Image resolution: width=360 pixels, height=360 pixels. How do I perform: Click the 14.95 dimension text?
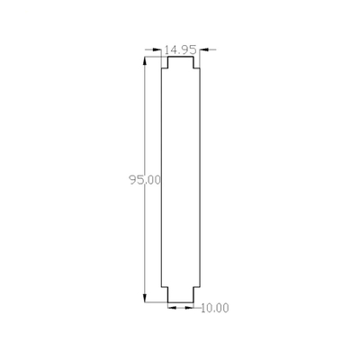(180, 49)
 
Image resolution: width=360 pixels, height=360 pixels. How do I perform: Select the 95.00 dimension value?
(145, 180)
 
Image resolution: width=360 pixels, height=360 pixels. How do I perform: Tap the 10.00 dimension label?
(214, 308)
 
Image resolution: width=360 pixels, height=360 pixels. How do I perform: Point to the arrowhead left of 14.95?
(157, 49)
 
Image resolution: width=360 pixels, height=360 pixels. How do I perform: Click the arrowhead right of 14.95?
(204, 49)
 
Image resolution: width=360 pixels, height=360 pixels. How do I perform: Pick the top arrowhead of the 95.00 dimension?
(145, 61)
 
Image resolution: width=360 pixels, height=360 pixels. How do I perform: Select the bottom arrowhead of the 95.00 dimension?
(145, 298)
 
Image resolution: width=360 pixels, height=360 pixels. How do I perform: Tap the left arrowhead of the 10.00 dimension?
(172, 308)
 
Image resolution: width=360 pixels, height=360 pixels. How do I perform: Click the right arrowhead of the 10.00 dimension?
(189, 308)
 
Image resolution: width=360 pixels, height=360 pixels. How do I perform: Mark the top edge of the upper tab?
(180, 57)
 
